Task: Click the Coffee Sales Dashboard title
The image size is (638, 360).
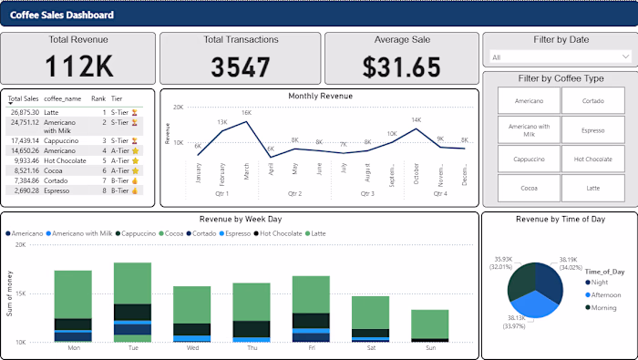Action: (x=62, y=15)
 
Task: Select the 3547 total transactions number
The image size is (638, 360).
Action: (x=240, y=67)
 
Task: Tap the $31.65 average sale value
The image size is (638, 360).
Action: (x=400, y=67)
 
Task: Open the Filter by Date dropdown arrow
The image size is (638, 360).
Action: (x=624, y=57)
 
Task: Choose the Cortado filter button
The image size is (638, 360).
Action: (x=592, y=101)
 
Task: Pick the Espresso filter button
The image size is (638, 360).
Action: (x=592, y=130)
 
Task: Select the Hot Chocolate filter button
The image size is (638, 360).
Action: (x=592, y=159)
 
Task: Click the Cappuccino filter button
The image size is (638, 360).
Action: (x=528, y=159)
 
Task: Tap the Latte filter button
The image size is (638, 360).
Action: (x=592, y=188)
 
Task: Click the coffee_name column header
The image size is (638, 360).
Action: (x=63, y=98)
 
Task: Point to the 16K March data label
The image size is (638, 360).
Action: (x=246, y=113)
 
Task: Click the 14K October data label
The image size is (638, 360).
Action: (x=416, y=119)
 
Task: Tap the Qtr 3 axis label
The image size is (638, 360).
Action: (x=367, y=194)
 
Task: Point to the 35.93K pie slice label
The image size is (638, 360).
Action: (x=505, y=262)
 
